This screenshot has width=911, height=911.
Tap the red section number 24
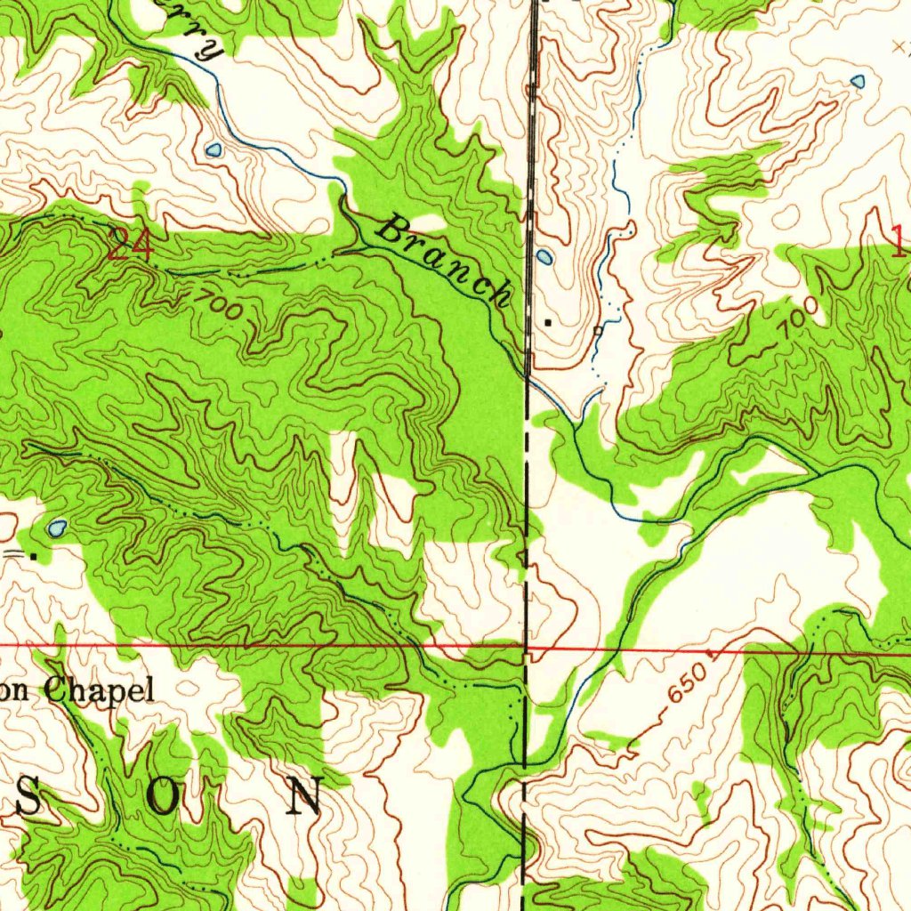click(x=130, y=245)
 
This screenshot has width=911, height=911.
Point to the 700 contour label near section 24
click(x=216, y=304)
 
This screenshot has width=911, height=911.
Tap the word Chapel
click(x=99, y=689)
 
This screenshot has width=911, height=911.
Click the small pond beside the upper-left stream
click(x=213, y=149)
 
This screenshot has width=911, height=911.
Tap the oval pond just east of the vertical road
click(x=544, y=258)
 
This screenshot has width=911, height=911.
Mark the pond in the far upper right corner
click(x=858, y=81)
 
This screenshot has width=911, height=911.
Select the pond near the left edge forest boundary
click(x=57, y=528)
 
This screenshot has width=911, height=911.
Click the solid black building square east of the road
click(x=548, y=322)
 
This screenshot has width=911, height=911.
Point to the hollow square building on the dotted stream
click(x=598, y=330)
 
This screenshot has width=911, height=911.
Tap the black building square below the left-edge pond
click(x=34, y=555)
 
